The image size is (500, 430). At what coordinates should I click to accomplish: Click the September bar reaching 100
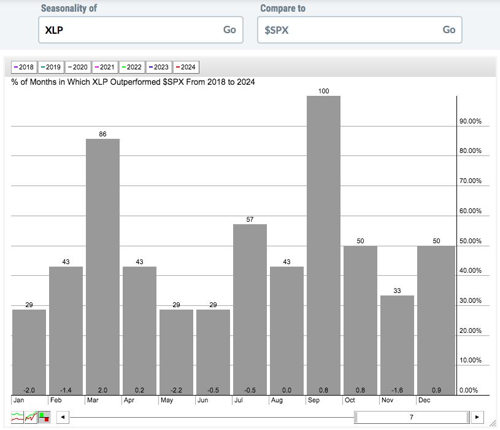(323, 245)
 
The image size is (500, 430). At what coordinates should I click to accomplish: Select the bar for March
(102, 267)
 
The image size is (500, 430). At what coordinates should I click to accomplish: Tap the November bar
(397, 345)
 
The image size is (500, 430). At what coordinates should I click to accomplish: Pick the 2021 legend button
(105, 67)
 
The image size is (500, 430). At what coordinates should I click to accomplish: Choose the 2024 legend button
(186, 67)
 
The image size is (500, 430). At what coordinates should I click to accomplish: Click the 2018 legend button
(24, 67)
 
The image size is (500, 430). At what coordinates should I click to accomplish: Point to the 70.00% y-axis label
(471, 181)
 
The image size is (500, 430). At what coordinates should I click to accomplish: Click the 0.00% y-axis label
(469, 390)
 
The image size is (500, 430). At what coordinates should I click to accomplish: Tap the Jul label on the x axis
(238, 400)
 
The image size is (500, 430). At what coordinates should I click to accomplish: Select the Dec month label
(424, 400)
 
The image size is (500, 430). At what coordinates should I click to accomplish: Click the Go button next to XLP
(229, 29)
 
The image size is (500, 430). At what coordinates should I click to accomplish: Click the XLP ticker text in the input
(54, 30)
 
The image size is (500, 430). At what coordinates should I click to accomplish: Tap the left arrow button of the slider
(63, 417)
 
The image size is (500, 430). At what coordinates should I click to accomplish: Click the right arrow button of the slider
(477, 417)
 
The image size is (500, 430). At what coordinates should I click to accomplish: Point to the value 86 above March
(102, 134)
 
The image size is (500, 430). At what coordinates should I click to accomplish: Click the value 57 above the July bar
(250, 219)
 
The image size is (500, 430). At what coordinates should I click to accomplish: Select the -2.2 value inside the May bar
(176, 390)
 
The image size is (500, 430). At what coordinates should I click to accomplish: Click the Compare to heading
(283, 9)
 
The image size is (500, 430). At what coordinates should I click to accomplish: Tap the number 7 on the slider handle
(412, 417)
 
